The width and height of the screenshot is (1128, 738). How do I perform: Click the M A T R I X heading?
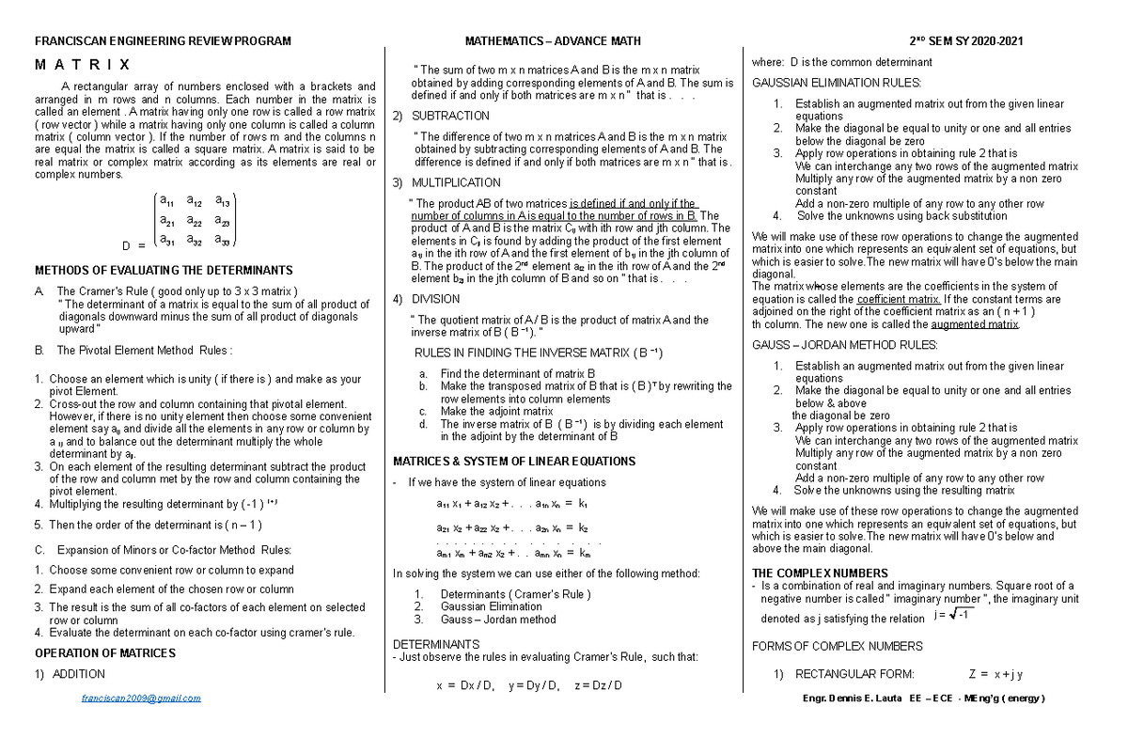pos(83,65)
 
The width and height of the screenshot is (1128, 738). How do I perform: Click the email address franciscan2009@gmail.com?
pos(141,699)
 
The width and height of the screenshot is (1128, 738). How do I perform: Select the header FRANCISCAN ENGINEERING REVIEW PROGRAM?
pos(163,41)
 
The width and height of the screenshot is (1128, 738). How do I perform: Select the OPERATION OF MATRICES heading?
pos(104,653)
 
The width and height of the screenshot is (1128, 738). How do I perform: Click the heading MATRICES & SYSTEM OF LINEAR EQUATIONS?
pos(513,462)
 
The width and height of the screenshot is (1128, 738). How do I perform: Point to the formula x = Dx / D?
pos(464,685)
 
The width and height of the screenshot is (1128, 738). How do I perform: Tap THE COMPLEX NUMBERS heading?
pos(820,573)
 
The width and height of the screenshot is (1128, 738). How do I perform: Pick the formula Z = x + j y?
pos(995,674)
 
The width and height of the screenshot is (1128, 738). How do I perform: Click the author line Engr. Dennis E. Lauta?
pos(922,699)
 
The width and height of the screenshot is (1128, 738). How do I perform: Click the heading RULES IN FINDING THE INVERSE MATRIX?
pos(539,353)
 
